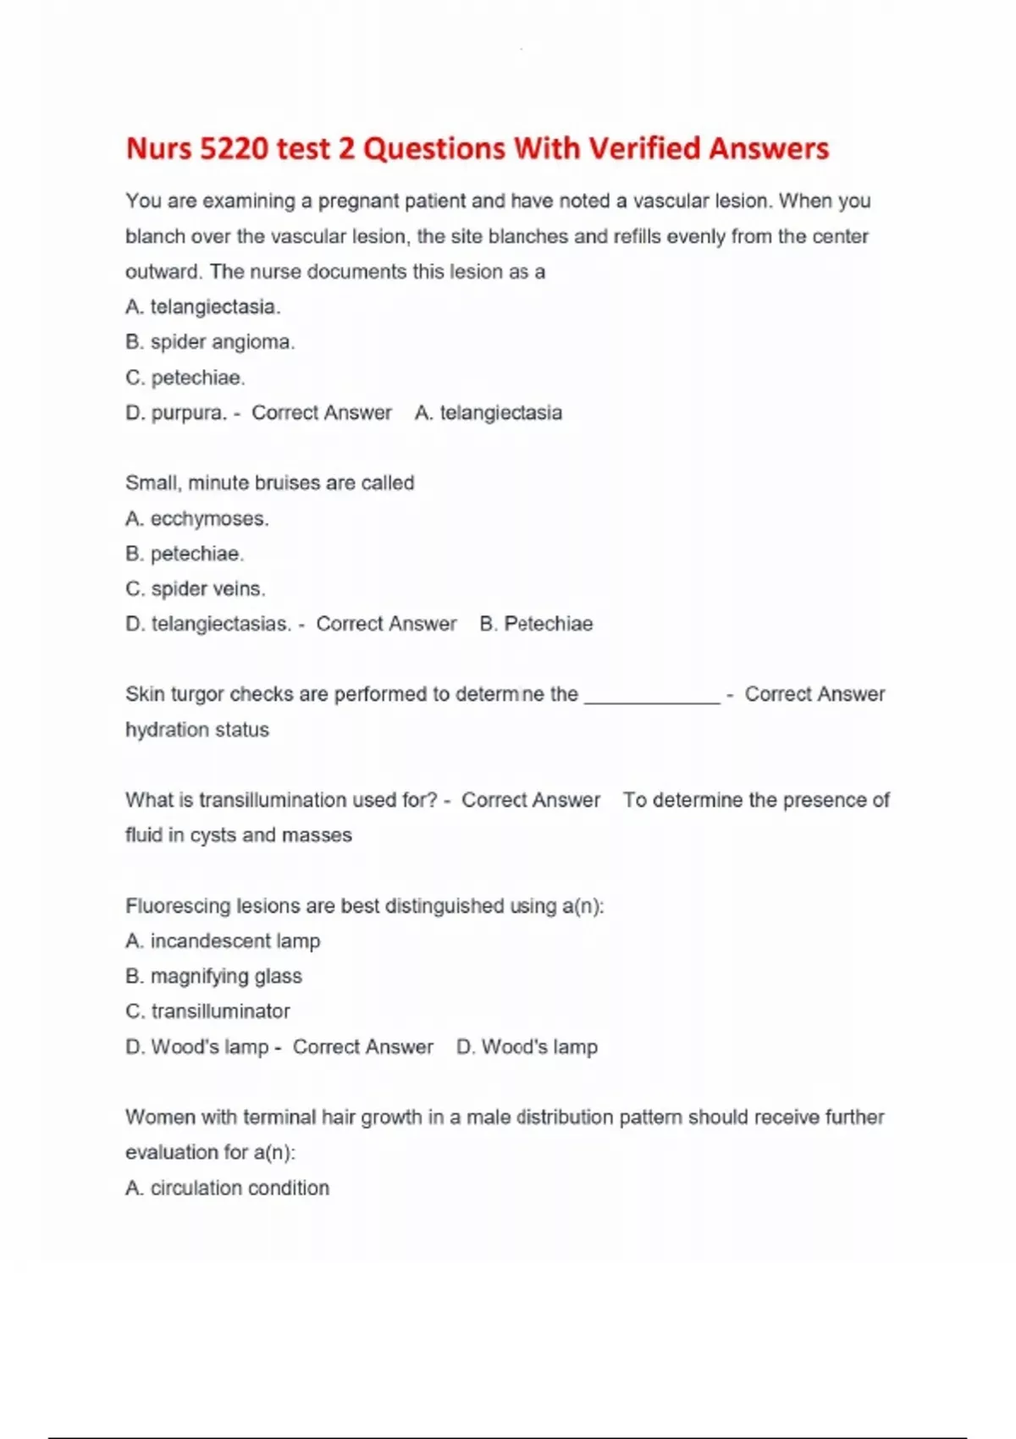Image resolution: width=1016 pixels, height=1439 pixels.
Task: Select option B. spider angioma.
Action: click(x=210, y=342)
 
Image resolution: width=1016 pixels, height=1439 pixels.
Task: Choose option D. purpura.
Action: click(x=176, y=413)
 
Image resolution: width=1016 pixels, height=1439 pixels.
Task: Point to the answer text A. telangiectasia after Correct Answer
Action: click(x=489, y=413)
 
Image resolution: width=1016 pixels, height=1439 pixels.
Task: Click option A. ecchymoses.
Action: click(x=197, y=518)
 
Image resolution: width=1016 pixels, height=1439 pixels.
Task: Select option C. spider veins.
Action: click(x=196, y=588)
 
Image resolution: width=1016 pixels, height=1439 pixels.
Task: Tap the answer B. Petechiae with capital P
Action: click(x=536, y=624)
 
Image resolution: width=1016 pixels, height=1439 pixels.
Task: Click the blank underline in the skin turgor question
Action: click(x=652, y=696)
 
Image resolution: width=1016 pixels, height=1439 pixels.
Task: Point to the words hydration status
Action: click(x=197, y=730)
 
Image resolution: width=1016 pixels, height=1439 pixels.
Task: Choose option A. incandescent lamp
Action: click(x=223, y=941)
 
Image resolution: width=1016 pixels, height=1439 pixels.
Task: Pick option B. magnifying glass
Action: click(x=213, y=976)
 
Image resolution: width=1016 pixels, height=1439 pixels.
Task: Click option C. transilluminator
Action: click(x=207, y=1012)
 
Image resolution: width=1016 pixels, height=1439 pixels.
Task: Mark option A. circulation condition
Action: click(x=227, y=1188)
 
